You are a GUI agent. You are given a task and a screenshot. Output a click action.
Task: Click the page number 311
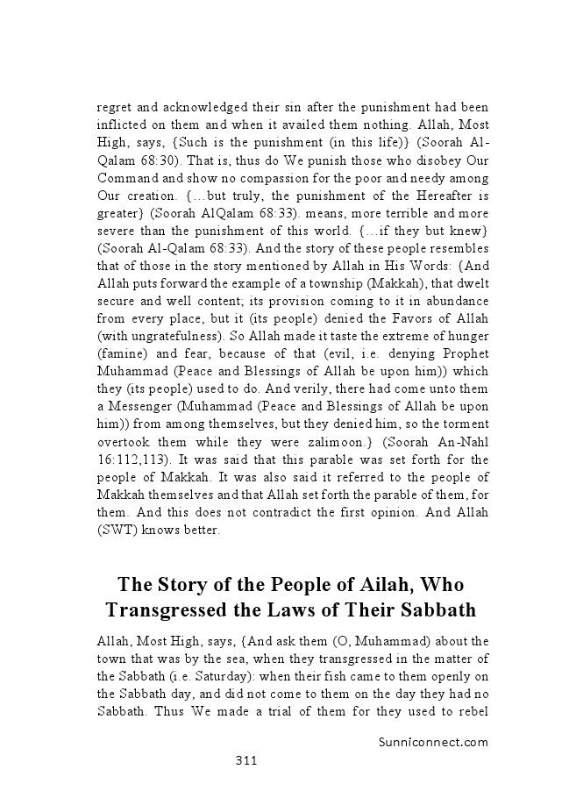click(245, 760)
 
